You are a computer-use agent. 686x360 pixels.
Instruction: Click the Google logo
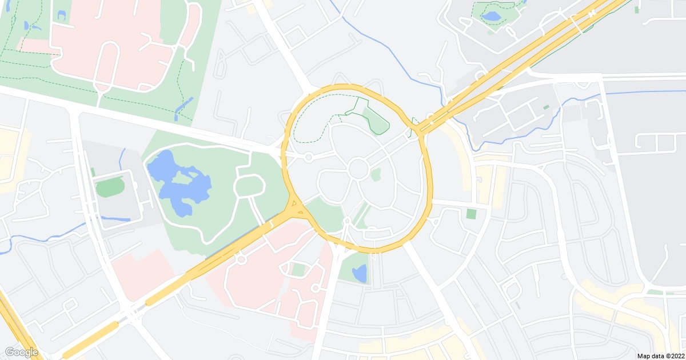tap(21, 352)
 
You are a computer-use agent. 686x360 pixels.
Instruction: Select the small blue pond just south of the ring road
tap(360, 273)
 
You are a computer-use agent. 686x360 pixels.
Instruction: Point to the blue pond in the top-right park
tap(491, 16)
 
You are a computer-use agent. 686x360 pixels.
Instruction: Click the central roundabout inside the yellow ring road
tap(358, 169)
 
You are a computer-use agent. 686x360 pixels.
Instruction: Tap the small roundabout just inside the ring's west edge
tap(308, 157)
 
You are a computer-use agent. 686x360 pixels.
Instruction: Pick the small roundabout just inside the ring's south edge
tap(347, 221)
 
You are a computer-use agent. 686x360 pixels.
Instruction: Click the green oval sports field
tap(109, 187)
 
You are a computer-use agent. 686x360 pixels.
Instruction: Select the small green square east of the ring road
tap(471, 214)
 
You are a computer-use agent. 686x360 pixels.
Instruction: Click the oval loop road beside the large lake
tap(250, 186)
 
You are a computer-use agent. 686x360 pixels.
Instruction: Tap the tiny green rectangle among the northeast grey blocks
tap(546, 107)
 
